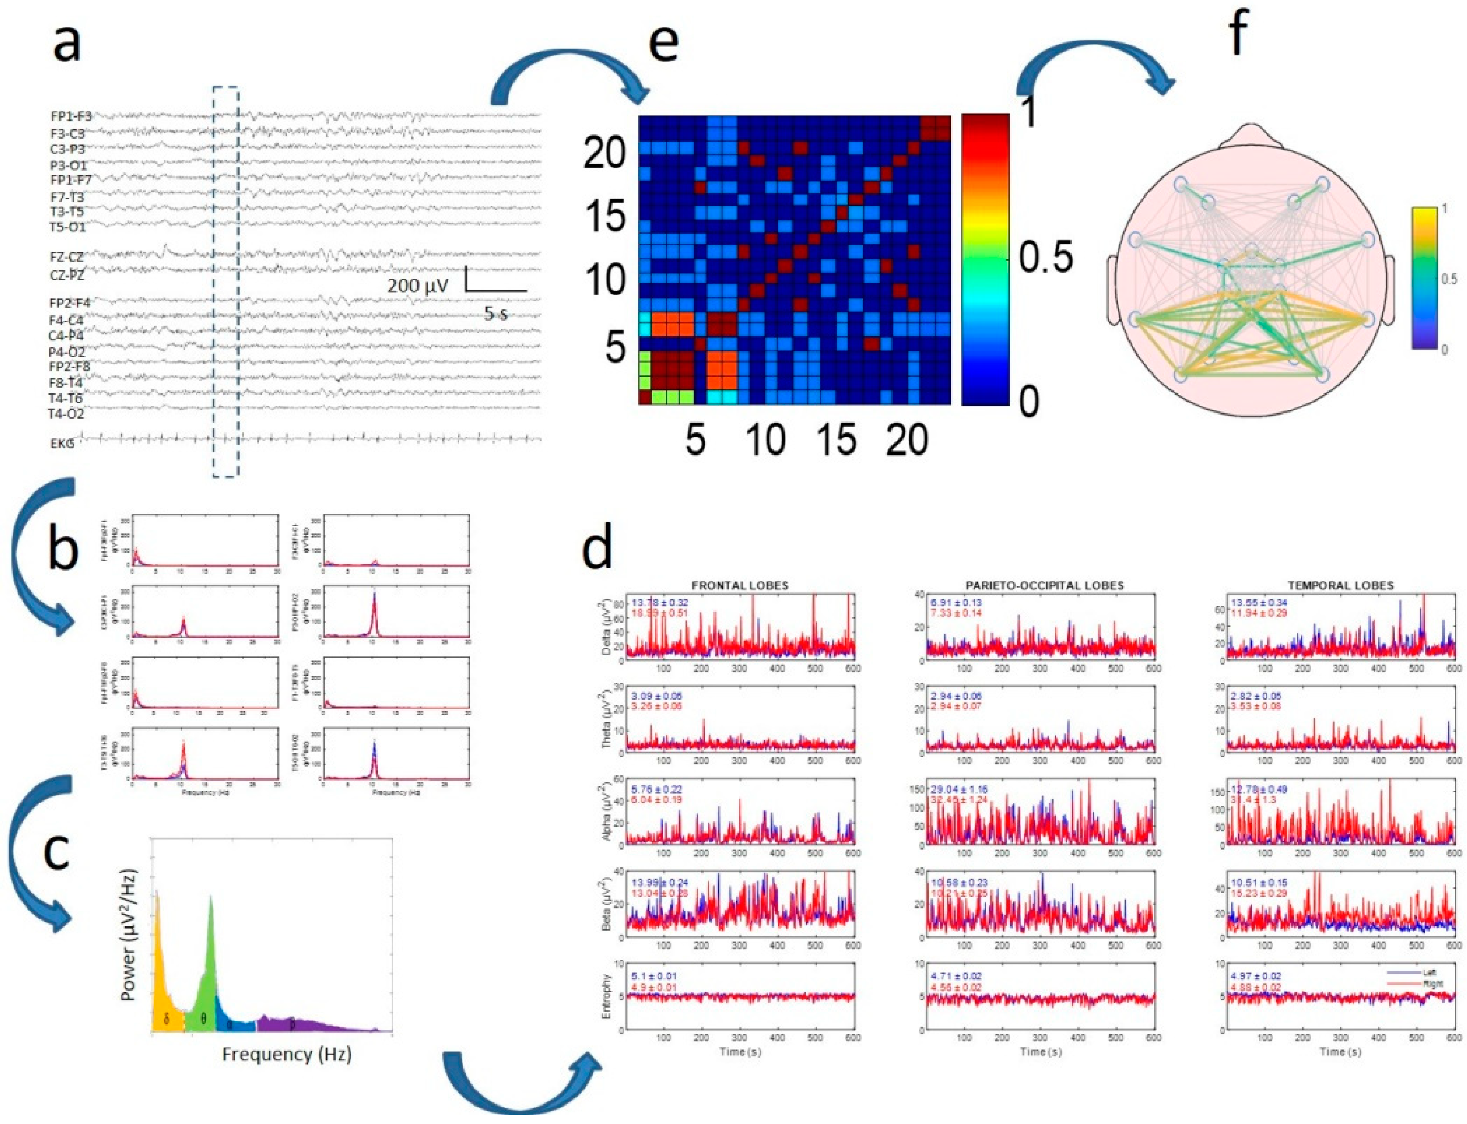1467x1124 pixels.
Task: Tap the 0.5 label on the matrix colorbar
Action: pos(1045,258)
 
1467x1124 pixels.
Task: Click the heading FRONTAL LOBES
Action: pos(740,585)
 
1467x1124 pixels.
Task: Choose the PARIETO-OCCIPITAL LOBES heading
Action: pos(1040,585)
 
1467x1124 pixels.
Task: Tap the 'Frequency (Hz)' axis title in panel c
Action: pos(287,1055)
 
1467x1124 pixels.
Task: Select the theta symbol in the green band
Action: pos(203,1020)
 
